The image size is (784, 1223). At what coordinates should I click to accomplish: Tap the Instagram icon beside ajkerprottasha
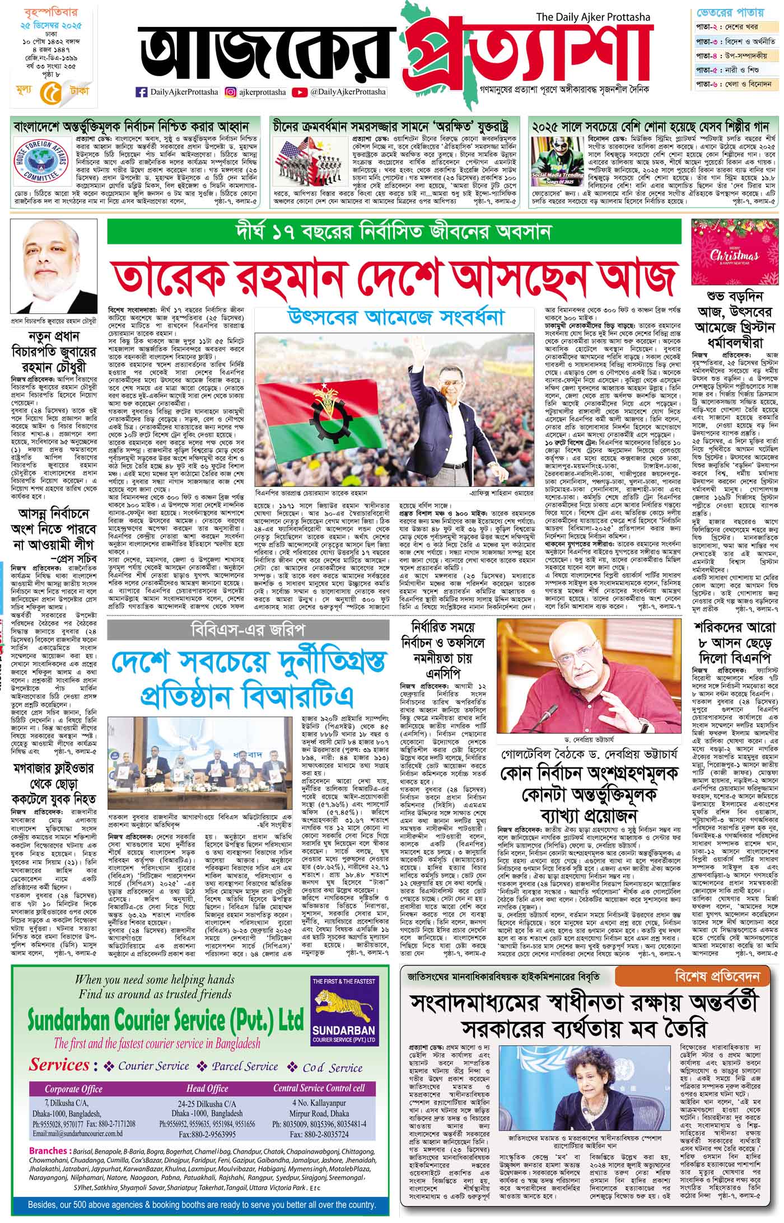point(230,92)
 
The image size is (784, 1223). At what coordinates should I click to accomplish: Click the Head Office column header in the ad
point(207,1104)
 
